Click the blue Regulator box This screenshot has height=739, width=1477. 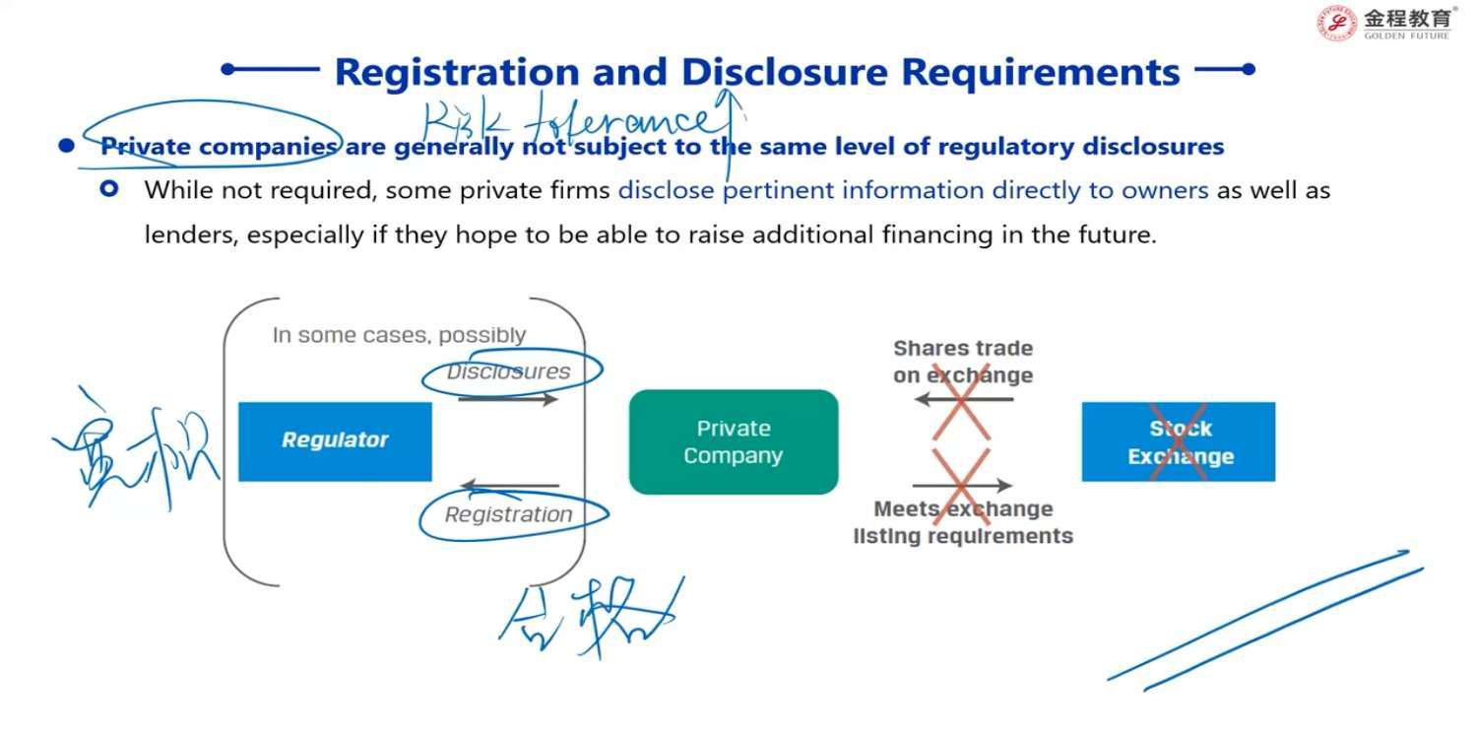[335, 440]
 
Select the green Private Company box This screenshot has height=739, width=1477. [734, 441]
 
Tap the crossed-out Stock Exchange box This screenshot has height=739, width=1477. [1179, 442]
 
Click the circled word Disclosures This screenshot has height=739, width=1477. [508, 371]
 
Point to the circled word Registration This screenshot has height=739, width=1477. [508, 514]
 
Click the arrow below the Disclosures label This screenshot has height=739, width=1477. [508, 399]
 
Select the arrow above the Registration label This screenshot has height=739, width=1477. [510, 486]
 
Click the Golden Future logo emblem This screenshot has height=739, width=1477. [1337, 23]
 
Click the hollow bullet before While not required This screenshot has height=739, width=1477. [109, 188]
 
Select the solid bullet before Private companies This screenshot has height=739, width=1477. [66, 147]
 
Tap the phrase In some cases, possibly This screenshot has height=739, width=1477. [399, 335]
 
